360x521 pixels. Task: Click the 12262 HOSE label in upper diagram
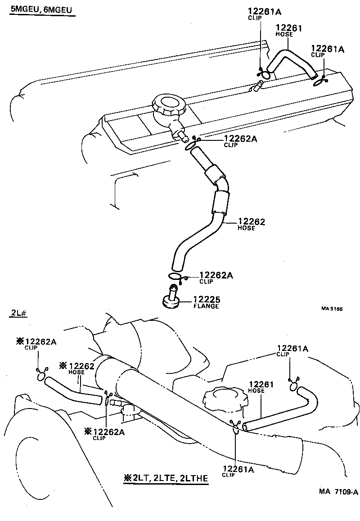(x=251, y=224)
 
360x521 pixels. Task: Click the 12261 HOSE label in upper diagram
(x=288, y=30)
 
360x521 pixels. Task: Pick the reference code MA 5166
(x=332, y=309)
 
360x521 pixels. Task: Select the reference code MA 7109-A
(x=338, y=492)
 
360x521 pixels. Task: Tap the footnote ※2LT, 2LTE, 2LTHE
(x=165, y=478)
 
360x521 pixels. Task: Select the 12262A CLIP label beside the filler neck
(x=240, y=141)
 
